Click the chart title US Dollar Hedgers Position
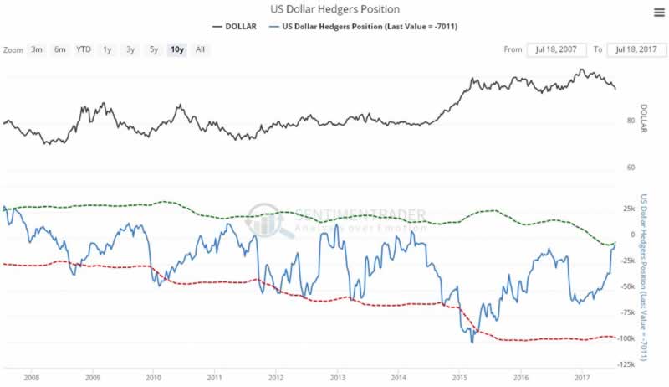334,9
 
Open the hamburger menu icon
659,11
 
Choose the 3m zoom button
37,49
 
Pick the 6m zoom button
60,49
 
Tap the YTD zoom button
84,49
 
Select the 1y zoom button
107,49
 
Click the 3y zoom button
130,49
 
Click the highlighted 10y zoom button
176,49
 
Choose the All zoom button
200,49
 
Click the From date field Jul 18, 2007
556,49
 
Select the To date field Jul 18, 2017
636,49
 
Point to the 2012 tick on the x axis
276,377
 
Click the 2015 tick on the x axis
459,377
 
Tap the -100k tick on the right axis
626,338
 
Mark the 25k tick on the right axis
629,209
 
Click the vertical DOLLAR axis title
645,120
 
